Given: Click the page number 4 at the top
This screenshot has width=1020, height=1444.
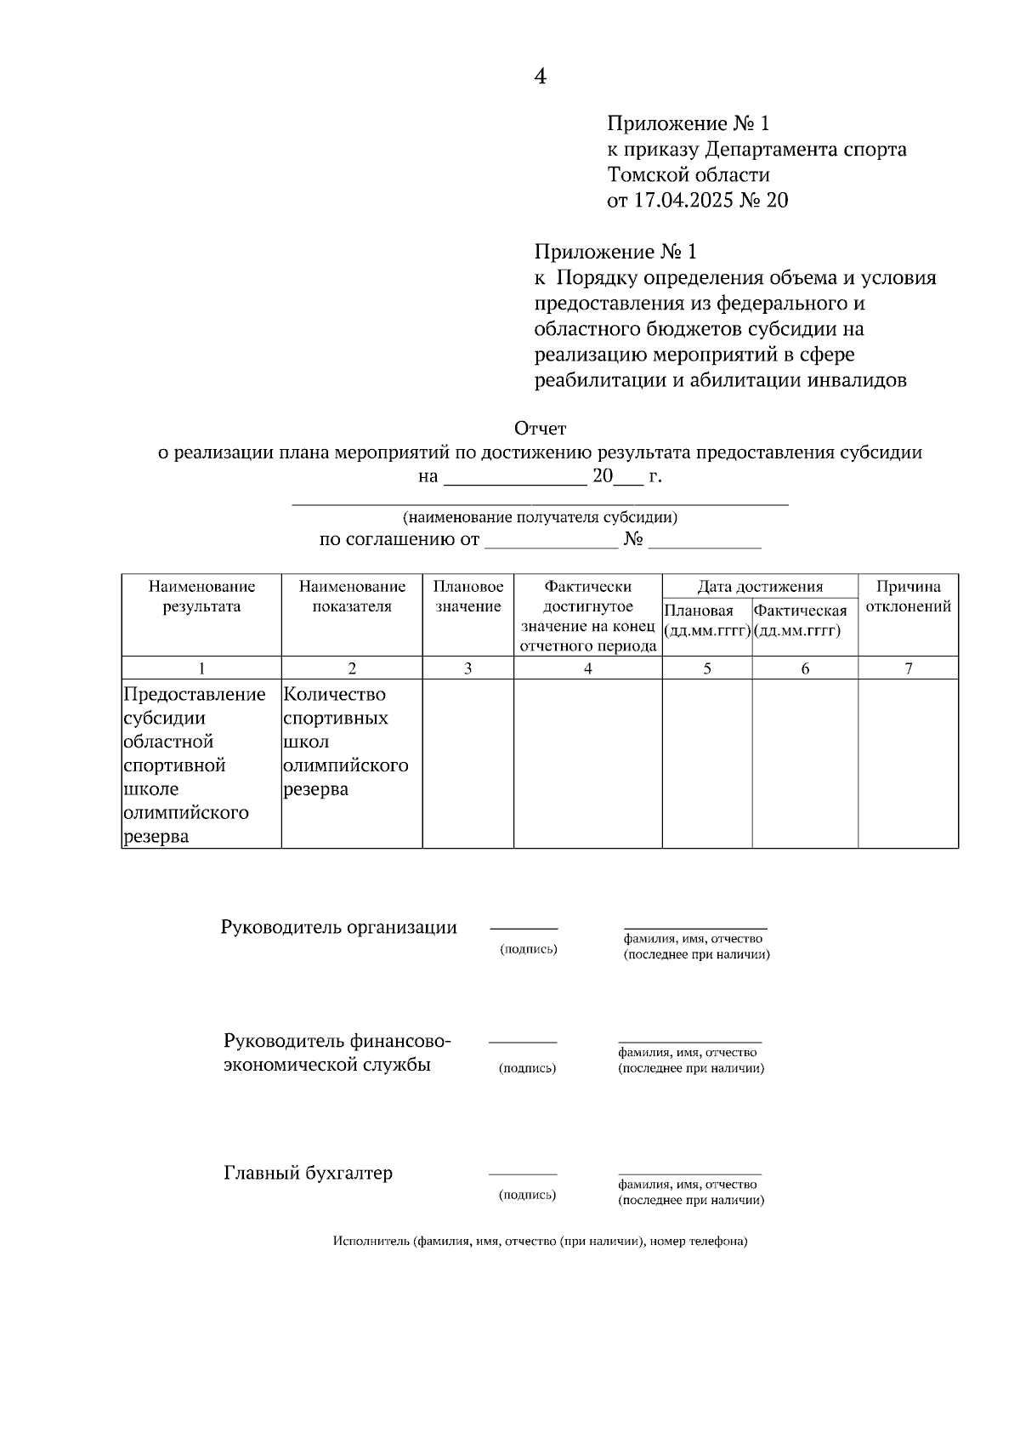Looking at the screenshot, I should (540, 77).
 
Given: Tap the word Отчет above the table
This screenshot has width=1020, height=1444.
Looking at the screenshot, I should (540, 428).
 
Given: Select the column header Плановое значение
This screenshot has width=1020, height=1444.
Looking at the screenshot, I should (467, 596).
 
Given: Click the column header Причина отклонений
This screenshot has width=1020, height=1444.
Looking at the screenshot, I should (908, 596).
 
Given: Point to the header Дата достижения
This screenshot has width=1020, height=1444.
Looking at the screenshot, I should (760, 587).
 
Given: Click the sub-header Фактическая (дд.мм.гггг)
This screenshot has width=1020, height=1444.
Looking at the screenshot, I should (801, 621).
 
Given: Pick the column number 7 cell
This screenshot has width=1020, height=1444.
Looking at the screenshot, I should (908, 668).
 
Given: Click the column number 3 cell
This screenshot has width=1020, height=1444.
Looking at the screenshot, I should (467, 668).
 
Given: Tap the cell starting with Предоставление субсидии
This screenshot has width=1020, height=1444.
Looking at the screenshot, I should (195, 765).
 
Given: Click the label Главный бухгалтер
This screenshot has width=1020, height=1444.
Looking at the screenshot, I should (308, 1174).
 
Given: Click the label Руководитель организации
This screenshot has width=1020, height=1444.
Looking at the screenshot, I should (338, 928).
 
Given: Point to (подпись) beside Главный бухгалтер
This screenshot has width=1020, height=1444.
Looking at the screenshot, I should (527, 1195).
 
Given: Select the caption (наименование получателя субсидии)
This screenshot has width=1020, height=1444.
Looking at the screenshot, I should (540, 517).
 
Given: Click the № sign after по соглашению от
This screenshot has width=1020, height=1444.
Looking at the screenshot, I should (633, 539).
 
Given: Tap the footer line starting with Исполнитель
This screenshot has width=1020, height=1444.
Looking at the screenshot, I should (540, 1242).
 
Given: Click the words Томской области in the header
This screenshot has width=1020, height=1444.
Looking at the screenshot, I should (688, 175).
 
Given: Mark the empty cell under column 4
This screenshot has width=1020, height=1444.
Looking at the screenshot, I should (587, 763).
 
